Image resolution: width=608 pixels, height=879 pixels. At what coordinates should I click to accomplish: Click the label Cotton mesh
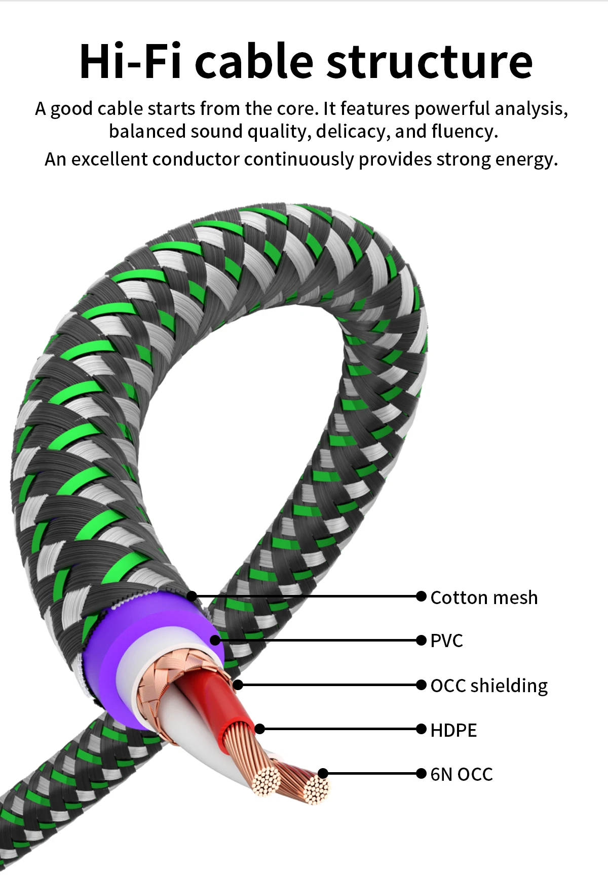(x=484, y=597)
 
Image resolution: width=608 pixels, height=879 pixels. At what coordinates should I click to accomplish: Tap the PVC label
(x=446, y=641)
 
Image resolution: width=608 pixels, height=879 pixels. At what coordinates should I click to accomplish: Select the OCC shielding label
(x=489, y=686)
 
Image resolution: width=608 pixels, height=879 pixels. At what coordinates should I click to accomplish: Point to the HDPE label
(x=453, y=730)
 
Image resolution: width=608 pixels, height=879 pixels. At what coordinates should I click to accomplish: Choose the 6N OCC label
(x=462, y=774)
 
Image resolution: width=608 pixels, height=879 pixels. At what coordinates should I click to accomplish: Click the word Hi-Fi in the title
(x=130, y=62)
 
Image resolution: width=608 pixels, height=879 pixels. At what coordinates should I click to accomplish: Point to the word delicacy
(x=353, y=132)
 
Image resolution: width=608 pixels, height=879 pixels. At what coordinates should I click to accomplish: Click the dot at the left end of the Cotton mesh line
(x=192, y=596)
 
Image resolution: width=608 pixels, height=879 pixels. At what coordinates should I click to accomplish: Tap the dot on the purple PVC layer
(x=215, y=640)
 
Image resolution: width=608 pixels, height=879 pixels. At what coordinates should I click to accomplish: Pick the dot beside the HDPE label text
(x=421, y=729)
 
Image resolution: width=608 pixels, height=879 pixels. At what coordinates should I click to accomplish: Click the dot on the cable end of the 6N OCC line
(x=323, y=773)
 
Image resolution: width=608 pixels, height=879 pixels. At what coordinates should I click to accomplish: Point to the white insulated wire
(x=203, y=729)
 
